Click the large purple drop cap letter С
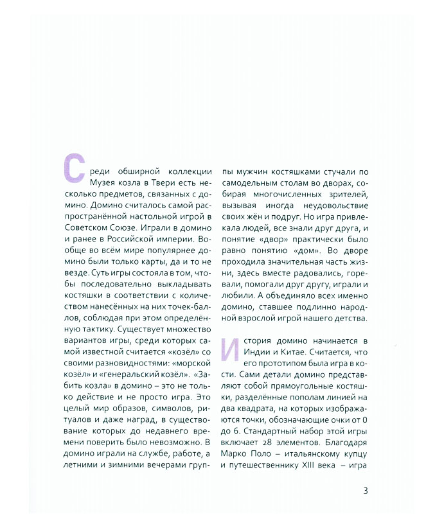73,168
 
